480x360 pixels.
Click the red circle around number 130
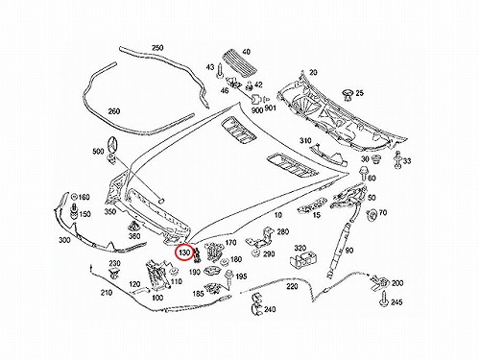click(184, 252)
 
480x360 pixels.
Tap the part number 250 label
click(157, 48)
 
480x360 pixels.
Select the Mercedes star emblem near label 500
click(112, 144)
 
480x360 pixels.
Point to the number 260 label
click(114, 111)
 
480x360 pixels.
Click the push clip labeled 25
click(348, 95)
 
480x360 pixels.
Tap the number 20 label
click(313, 73)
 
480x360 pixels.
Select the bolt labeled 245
click(384, 299)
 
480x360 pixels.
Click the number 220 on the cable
click(292, 286)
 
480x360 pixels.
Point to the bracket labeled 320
click(303, 259)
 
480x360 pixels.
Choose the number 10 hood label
click(278, 215)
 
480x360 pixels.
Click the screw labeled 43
click(220, 71)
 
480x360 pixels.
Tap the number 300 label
click(65, 240)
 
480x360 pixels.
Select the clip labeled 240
click(257, 303)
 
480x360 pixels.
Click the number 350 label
click(109, 212)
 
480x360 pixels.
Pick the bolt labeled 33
click(397, 159)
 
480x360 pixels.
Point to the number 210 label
click(107, 292)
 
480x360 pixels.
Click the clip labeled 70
click(372, 215)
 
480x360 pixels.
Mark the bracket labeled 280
click(262, 237)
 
